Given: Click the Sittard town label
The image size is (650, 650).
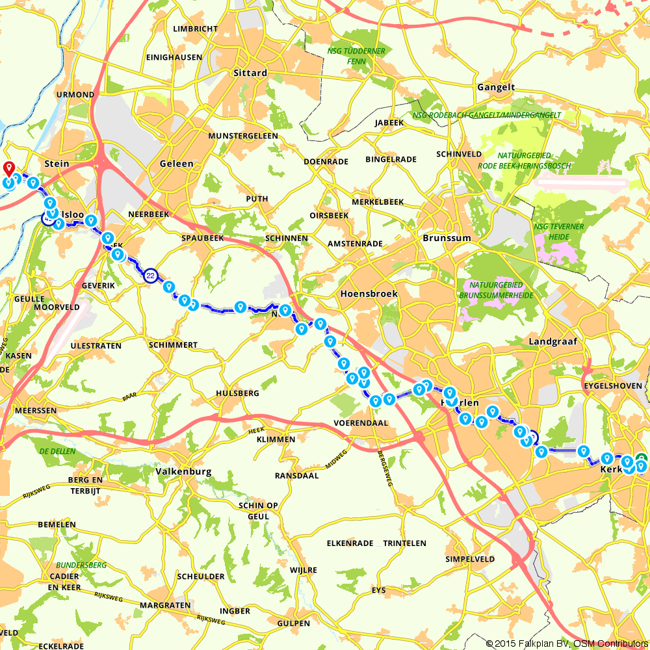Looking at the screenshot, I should coord(250,73).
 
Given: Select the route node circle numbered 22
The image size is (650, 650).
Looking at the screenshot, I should coord(151,276).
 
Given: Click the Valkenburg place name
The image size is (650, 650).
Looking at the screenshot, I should coord(185,471).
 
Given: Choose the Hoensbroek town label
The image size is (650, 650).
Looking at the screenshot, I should coord(369,294).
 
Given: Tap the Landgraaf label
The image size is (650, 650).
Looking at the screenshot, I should coord(553,341).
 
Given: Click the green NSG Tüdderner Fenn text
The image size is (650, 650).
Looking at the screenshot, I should coord(356,56).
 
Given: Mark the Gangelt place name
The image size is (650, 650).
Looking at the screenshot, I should coord(495,87).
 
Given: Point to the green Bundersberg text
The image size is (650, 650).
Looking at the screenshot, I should coord(81,565).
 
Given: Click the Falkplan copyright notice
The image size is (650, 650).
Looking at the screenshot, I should coord(565,643).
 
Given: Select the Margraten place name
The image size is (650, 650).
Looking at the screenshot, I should coord(165,605).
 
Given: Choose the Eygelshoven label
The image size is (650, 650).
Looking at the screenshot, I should coord(613,385).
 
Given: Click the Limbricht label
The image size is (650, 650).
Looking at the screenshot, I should coord(195,29).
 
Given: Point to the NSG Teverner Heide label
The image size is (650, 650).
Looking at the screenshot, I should coord(558,232).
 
